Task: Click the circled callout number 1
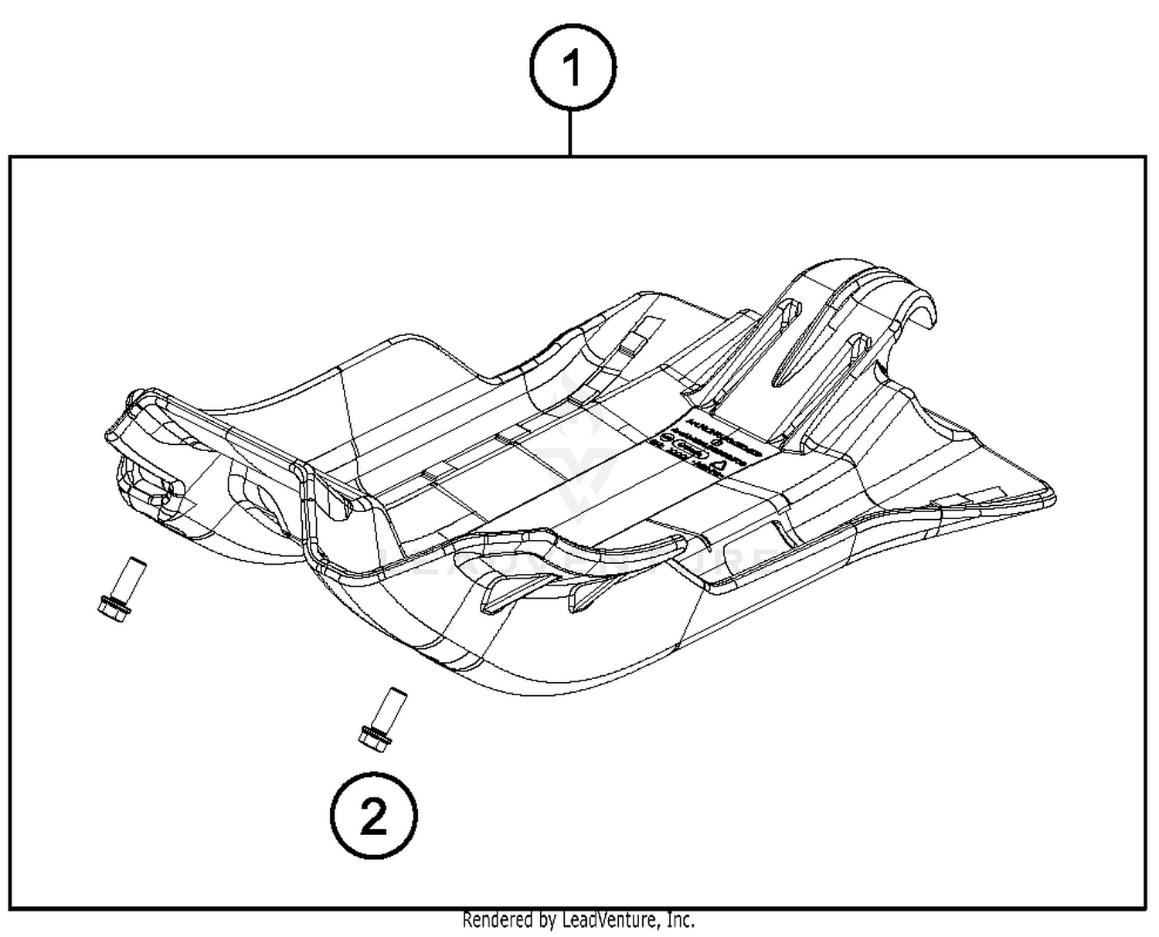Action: pos(573,69)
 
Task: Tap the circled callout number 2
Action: pos(374,816)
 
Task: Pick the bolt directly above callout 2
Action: pos(382,716)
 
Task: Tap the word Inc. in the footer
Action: pos(680,921)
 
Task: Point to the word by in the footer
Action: pos(548,921)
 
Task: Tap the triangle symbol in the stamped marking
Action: pos(719,465)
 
